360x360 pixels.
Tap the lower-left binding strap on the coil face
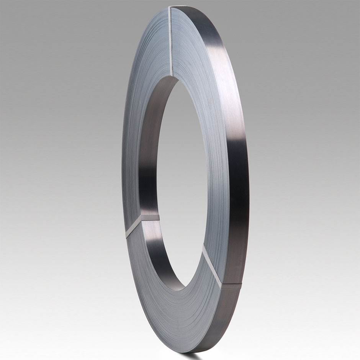(133, 229)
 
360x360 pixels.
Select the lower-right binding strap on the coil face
(211, 266)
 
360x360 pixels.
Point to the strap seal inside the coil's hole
(150, 218)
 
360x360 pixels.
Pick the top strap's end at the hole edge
(172, 75)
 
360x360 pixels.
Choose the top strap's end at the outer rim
(169, 8)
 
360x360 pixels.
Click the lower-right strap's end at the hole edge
(203, 247)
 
